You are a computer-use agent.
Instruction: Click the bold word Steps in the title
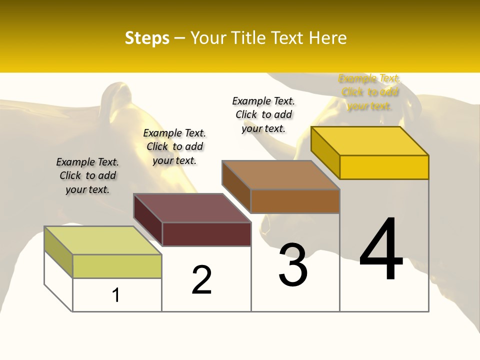coord(146,38)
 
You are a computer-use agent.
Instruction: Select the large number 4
coord(381,250)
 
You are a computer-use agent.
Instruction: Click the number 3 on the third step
coord(293,265)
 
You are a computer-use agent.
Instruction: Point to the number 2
coord(202,280)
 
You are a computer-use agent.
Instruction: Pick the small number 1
coord(116,295)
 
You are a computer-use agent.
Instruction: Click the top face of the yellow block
coord(370,141)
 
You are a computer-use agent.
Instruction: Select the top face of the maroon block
coord(192,208)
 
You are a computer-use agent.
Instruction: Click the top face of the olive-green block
coord(103,240)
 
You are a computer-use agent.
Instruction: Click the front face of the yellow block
coord(384,167)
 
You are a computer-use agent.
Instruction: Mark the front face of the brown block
coord(295,201)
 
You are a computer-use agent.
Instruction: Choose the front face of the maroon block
coord(206,234)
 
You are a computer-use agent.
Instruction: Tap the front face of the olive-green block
coord(117,266)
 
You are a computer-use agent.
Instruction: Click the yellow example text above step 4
coord(369,92)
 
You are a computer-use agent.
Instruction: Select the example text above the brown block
coord(263,114)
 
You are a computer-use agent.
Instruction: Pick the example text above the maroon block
coord(174,146)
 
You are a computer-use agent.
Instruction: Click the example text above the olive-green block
coord(87,175)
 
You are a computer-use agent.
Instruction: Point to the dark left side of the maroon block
coord(148,220)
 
